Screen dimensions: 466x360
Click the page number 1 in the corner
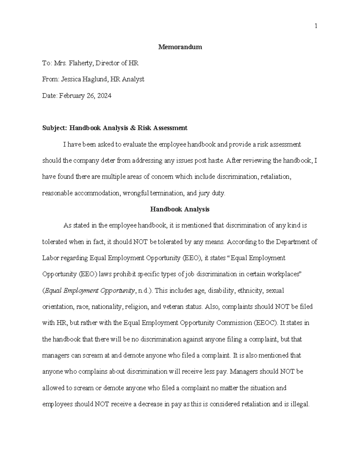point(316,26)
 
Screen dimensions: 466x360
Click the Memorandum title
point(180,47)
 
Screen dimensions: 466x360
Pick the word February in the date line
point(70,96)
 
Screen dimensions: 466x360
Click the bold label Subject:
point(55,128)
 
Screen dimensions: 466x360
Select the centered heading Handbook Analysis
point(180,209)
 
